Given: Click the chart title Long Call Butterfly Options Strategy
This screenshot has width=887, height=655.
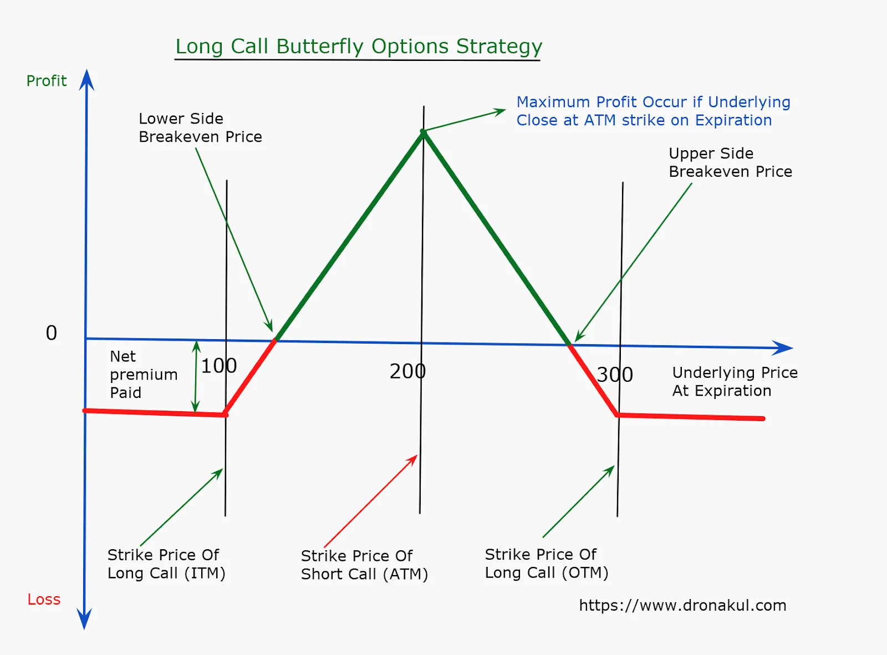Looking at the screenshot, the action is [x=359, y=47].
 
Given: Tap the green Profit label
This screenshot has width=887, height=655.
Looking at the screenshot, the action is [x=47, y=81].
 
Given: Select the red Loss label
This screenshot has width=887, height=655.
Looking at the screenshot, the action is [x=44, y=600].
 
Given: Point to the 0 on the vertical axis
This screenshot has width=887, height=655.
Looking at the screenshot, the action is [x=51, y=332].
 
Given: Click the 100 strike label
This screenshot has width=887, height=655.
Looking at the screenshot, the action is [x=219, y=366].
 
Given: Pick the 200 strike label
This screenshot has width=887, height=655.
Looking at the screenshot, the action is [x=407, y=371].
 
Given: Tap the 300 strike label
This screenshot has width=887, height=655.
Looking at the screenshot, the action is [x=615, y=375].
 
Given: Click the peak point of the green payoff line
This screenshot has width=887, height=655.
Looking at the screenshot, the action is [x=423, y=132].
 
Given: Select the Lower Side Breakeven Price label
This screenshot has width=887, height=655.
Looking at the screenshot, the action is [x=200, y=127].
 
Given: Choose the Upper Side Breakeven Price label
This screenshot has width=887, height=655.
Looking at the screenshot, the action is [x=730, y=162].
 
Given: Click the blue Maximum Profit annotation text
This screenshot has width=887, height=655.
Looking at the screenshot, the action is [x=654, y=111].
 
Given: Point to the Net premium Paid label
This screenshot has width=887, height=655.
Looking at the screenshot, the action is [x=144, y=374].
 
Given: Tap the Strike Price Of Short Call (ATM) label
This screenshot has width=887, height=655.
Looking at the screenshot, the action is [x=364, y=565].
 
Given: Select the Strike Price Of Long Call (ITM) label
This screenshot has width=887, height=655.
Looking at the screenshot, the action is [x=166, y=564].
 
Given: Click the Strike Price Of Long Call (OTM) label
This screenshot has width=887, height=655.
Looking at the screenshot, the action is [x=547, y=564].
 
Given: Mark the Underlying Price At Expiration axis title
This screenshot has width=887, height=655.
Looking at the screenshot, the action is [x=735, y=381].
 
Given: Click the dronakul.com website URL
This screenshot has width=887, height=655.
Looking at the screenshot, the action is [x=682, y=606].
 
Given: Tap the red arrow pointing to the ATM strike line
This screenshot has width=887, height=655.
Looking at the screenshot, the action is [x=371, y=500].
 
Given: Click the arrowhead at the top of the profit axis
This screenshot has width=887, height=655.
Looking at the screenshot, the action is [x=87, y=80].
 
